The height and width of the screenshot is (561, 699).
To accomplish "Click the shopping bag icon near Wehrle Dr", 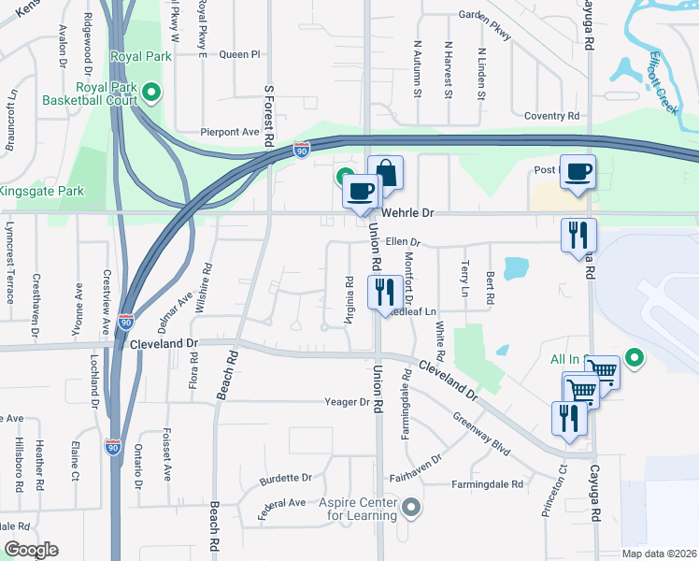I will pos(385,173).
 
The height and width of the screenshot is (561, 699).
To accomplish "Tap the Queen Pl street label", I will pos(239,54).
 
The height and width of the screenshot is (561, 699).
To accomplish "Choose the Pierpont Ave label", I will pos(229,132).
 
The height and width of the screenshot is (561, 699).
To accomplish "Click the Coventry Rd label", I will pos(551,116).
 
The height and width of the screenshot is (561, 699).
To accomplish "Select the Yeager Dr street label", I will pos(347,402).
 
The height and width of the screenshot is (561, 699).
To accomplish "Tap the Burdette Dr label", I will pos(286,477).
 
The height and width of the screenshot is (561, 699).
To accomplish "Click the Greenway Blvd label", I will pos(481,434).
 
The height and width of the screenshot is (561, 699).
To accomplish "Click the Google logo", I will pos(31,549).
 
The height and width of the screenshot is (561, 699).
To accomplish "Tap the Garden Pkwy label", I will pos(484,24).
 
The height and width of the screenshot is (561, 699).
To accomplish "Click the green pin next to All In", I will pos(635,357).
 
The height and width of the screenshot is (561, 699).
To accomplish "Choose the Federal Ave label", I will pos(282,503).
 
